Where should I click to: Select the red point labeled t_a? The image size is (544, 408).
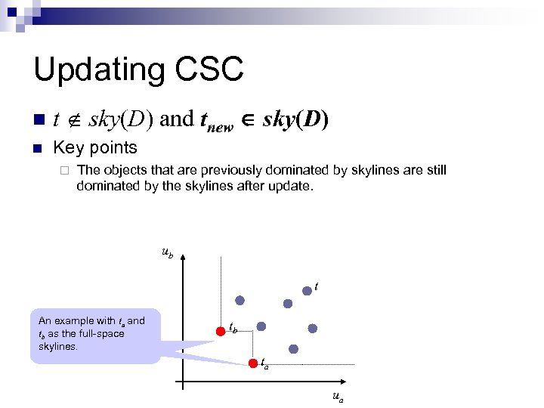[254, 364]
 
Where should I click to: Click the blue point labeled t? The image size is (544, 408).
[307, 290]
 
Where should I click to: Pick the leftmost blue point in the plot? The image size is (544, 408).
[240, 300]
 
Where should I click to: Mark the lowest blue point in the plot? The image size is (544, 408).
[294, 349]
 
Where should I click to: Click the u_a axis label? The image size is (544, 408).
[335, 397]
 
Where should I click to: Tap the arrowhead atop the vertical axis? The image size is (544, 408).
[182, 258]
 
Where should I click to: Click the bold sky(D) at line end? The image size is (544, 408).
[295, 119]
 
